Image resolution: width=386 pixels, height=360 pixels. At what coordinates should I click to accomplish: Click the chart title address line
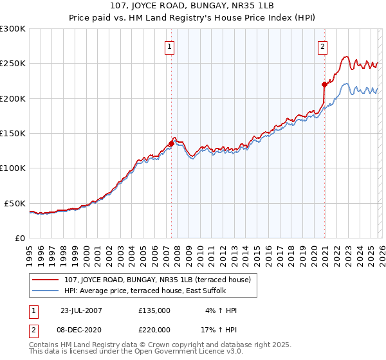193,8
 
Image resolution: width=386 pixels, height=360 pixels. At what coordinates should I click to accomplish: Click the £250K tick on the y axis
13,64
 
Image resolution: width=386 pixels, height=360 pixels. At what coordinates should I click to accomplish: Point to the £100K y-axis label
13,168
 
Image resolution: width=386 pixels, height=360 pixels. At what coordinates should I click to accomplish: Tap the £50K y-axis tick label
15,203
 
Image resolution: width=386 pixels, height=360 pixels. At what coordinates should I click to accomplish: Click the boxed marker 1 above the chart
169,46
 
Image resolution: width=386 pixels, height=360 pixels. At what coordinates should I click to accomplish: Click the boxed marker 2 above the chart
322,46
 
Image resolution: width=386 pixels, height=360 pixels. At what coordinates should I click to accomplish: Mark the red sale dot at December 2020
324,84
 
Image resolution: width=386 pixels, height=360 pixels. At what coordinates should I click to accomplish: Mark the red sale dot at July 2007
171,143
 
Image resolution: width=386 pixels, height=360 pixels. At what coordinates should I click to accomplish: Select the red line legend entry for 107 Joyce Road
161,280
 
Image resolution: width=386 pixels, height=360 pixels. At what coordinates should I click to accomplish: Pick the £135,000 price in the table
154,310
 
